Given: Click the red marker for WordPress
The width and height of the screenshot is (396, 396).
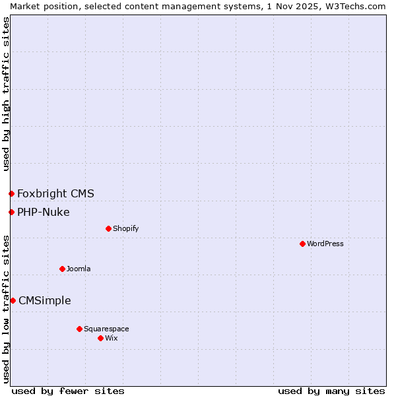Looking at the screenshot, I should [x=302, y=244].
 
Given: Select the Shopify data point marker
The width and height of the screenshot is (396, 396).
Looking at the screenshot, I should [x=108, y=228].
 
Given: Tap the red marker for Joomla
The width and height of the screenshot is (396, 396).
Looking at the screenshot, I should [x=62, y=269].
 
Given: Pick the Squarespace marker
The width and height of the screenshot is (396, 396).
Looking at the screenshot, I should [x=79, y=329].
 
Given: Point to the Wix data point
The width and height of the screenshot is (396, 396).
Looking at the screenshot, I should [x=100, y=338].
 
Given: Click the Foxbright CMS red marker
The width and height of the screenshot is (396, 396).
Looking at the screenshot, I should [x=11, y=193].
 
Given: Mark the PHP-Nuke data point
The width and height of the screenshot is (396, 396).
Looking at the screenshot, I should [x=11, y=212].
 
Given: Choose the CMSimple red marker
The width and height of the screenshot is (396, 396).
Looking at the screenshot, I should [x=13, y=300].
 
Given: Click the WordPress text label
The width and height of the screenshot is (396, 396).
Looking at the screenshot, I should [x=325, y=244].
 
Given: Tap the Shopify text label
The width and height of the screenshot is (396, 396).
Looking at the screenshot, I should [x=126, y=228].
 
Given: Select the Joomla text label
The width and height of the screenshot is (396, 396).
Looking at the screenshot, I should [x=79, y=269].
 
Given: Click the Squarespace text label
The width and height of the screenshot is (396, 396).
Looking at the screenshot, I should [x=106, y=329].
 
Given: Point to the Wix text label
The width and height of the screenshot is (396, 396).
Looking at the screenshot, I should [x=112, y=338].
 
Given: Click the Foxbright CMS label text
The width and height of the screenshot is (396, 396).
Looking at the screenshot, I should [x=55, y=193].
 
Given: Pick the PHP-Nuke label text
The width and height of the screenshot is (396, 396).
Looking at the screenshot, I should [x=44, y=212].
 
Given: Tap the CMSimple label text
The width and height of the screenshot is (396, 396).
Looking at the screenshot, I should [x=45, y=300].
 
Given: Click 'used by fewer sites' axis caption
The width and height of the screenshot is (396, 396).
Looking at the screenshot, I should [x=68, y=391].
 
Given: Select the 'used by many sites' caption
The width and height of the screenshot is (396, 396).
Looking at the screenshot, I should [x=331, y=391].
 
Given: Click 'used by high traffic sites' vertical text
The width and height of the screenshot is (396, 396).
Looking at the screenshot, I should [x=6, y=94].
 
